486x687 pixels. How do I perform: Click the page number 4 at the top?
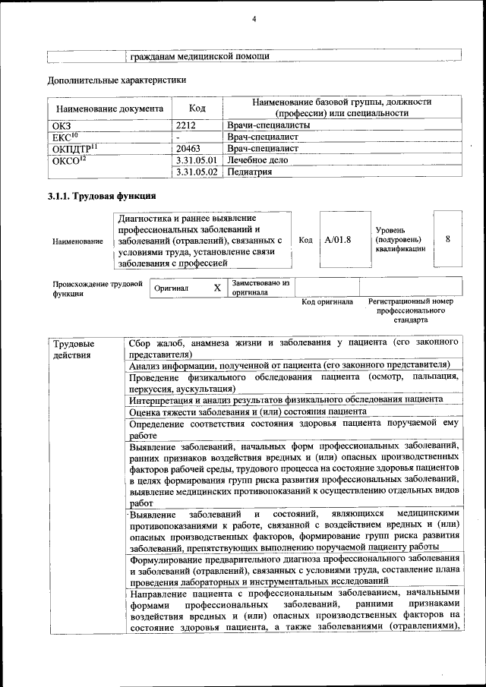pyautogui.click(x=254, y=18)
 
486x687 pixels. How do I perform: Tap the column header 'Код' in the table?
pyautogui.click(x=197, y=109)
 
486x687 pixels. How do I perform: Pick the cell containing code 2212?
pyautogui.click(x=186, y=125)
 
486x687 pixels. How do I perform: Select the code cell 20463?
pyautogui.click(x=188, y=149)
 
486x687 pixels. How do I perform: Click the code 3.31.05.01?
pyautogui.click(x=196, y=160)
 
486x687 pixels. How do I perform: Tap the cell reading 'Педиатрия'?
pyautogui.click(x=250, y=172)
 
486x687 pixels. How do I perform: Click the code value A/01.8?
pyautogui.click(x=337, y=240)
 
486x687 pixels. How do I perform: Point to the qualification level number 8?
pyautogui.click(x=448, y=239)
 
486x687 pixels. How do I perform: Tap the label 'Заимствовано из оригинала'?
pyautogui.click(x=261, y=287)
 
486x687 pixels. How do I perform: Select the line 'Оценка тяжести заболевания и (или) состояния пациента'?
pyautogui.click(x=258, y=411)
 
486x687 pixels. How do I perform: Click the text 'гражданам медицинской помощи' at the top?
pyautogui.click(x=199, y=56)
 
